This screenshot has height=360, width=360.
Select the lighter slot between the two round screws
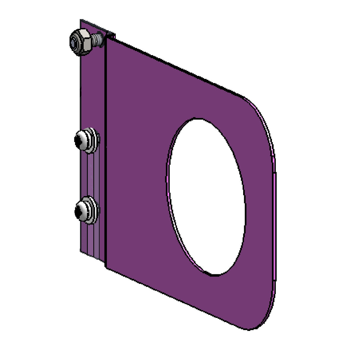tap(90, 175)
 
